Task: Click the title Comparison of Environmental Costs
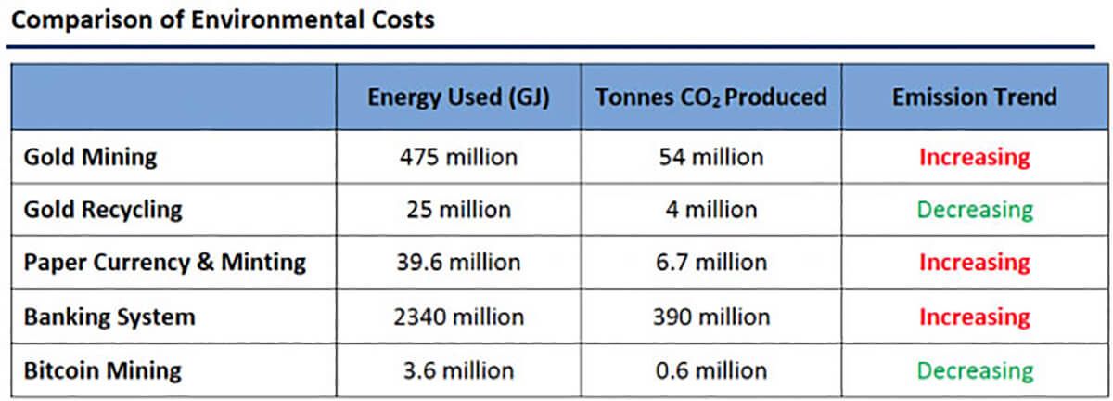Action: pos(221,19)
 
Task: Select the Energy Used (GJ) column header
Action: pos(458,97)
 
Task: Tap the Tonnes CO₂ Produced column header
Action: pos(711,97)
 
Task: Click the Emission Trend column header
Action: pos(974,97)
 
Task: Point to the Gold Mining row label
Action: pos(90,157)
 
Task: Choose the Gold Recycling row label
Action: pos(103,210)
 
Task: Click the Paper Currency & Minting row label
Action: pos(164,263)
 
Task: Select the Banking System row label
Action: pos(109,317)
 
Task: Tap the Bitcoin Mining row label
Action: pos(102,371)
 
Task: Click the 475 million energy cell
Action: pos(458,157)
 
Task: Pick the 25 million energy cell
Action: pos(458,210)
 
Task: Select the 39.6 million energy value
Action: pos(458,263)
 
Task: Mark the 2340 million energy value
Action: pos(458,317)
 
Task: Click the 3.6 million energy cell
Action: pos(458,371)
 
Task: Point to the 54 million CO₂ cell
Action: pos(711,157)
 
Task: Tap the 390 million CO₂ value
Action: pos(711,317)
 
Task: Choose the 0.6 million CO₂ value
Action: pos(711,371)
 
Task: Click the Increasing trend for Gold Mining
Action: pos(974,157)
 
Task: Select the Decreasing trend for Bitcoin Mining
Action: pos(974,371)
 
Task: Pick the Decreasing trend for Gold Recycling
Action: pos(974,210)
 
